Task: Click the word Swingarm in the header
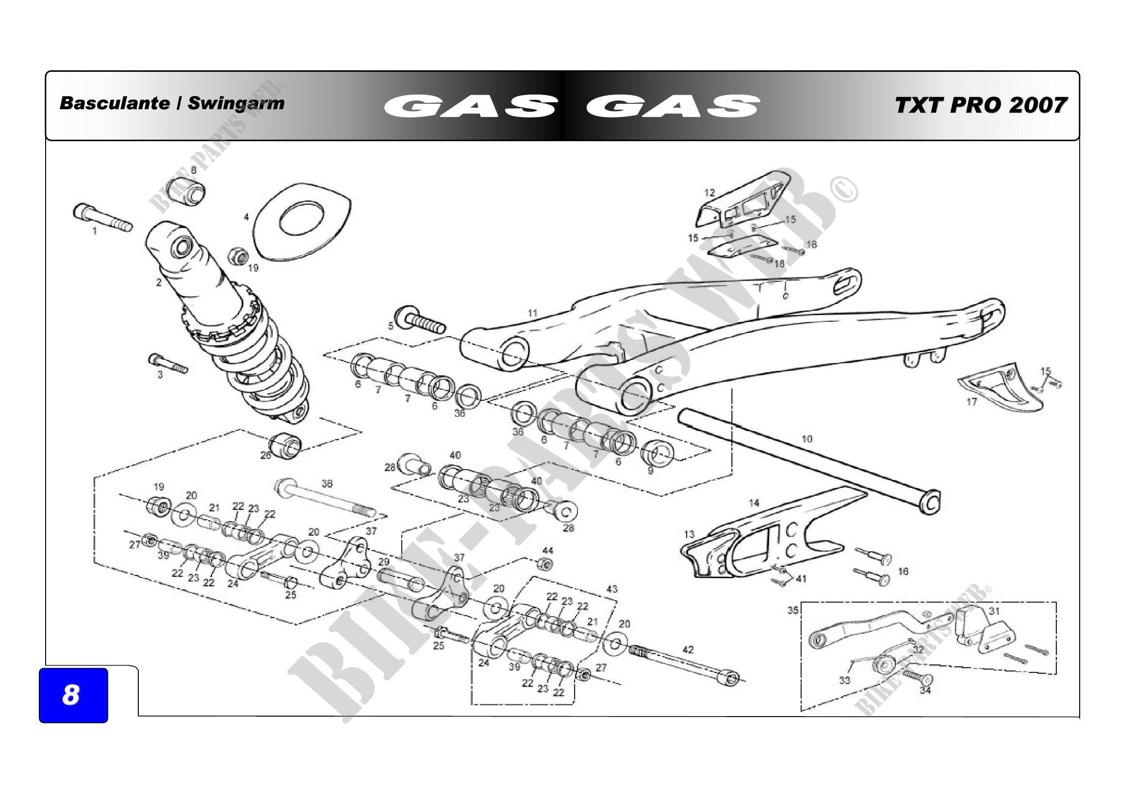coord(236,103)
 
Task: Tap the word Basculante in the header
coord(114,103)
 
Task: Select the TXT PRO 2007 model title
coord(981,105)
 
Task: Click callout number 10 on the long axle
coord(807,439)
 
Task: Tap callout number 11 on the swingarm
coord(532,313)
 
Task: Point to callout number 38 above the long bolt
coord(327,484)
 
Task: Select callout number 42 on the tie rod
coord(688,649)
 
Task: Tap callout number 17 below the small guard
coord(971,402)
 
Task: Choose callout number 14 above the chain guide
coord(754,503)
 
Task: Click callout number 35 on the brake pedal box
coord(793,610)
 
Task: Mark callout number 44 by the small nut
coord(548,551)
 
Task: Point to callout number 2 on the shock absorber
coord(159,283)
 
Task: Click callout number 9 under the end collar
coord(651,471)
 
